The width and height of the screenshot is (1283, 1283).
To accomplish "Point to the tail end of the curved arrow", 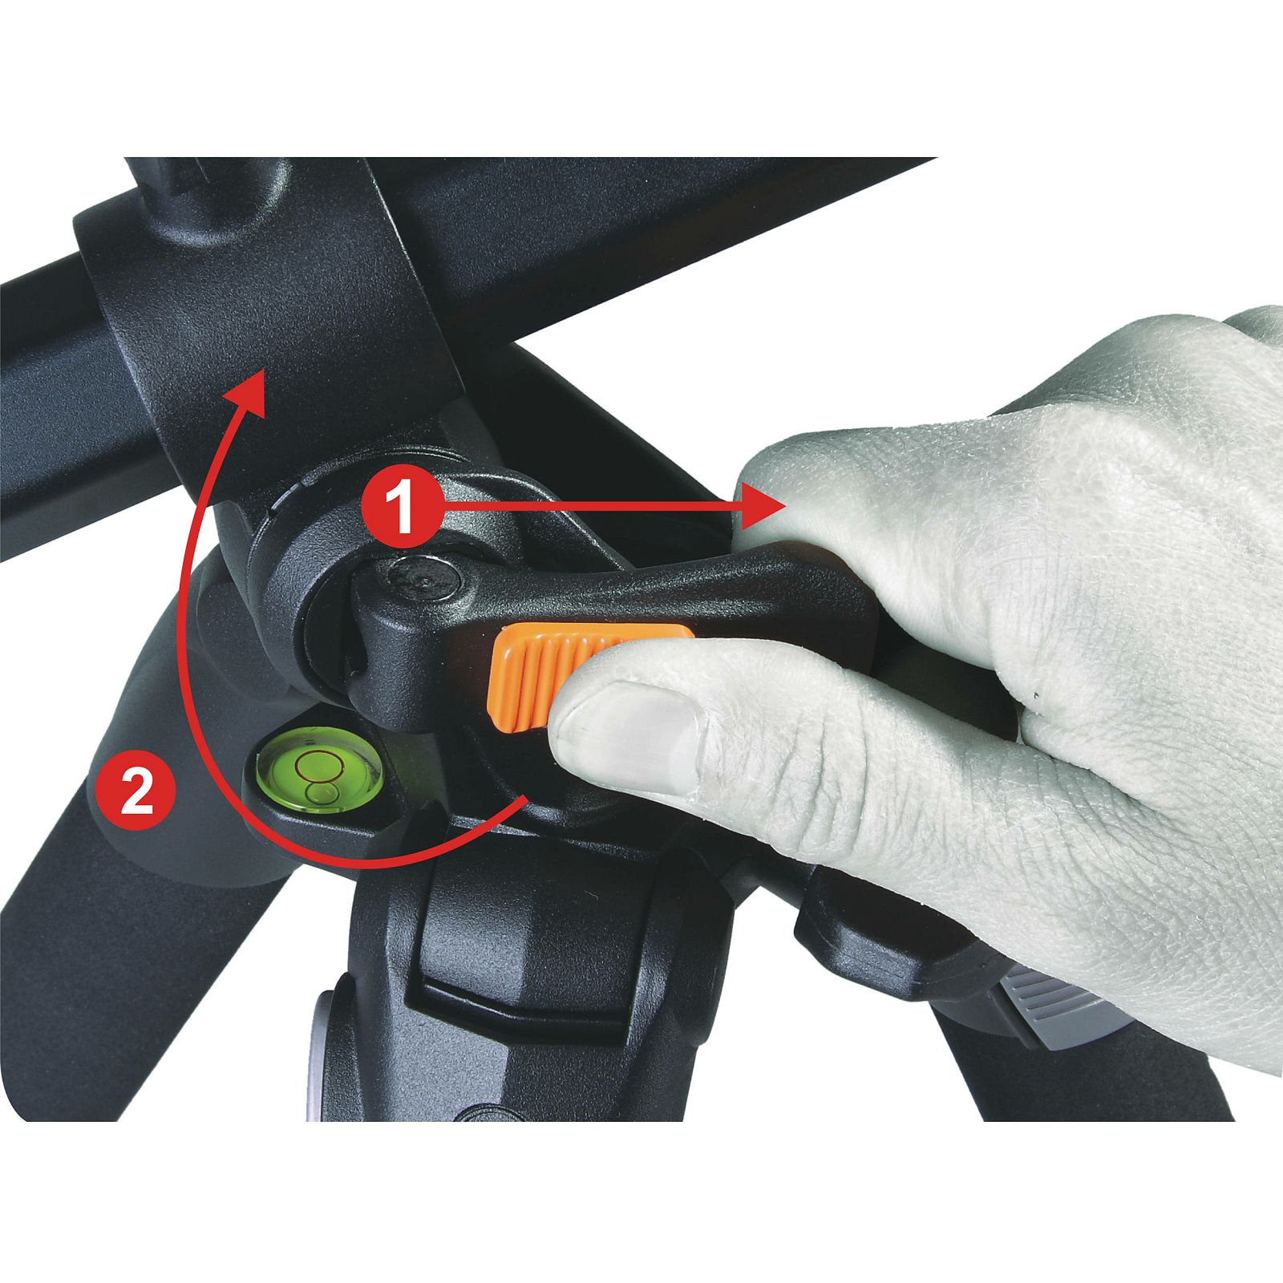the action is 525,798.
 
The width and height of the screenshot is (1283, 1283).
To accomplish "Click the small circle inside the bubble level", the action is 314,765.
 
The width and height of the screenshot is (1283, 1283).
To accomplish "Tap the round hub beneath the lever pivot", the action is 337,609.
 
